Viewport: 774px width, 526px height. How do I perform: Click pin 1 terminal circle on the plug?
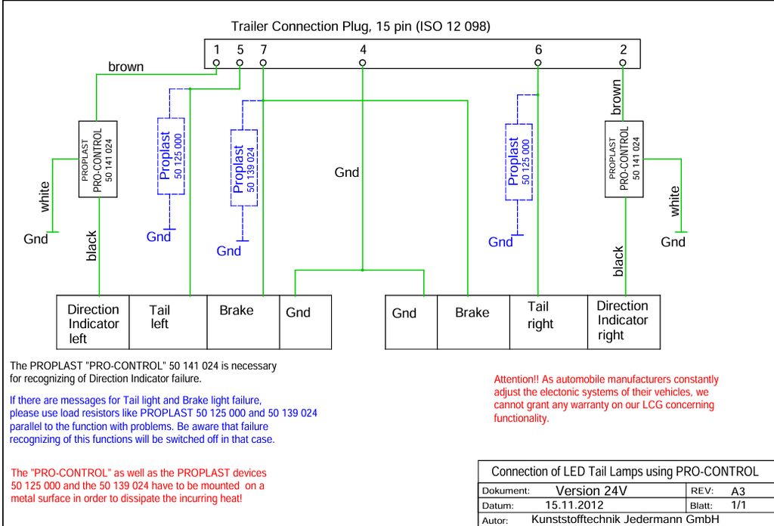216,63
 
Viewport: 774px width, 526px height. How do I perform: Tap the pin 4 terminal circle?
362,63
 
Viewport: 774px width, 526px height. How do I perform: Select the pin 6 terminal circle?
537,63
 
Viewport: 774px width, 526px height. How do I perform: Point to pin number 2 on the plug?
624,49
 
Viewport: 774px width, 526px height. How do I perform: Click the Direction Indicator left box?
93,322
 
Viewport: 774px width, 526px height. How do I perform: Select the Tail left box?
168,322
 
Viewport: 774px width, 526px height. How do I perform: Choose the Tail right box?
549,322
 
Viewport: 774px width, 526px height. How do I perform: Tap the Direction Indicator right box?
624,322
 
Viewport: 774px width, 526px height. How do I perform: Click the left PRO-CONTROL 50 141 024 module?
98,159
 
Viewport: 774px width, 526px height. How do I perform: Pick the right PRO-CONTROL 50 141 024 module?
624,159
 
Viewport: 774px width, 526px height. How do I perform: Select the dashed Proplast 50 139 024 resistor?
244,168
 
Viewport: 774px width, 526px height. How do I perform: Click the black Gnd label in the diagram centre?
346,173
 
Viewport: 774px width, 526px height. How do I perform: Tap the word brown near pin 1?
126,67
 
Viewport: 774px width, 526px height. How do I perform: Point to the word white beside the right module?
674,201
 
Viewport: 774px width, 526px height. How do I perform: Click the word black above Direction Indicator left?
91,246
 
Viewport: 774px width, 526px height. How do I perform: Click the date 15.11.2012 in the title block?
574,506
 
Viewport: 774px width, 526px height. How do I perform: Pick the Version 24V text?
591,491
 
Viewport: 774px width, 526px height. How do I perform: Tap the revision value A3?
738,491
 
